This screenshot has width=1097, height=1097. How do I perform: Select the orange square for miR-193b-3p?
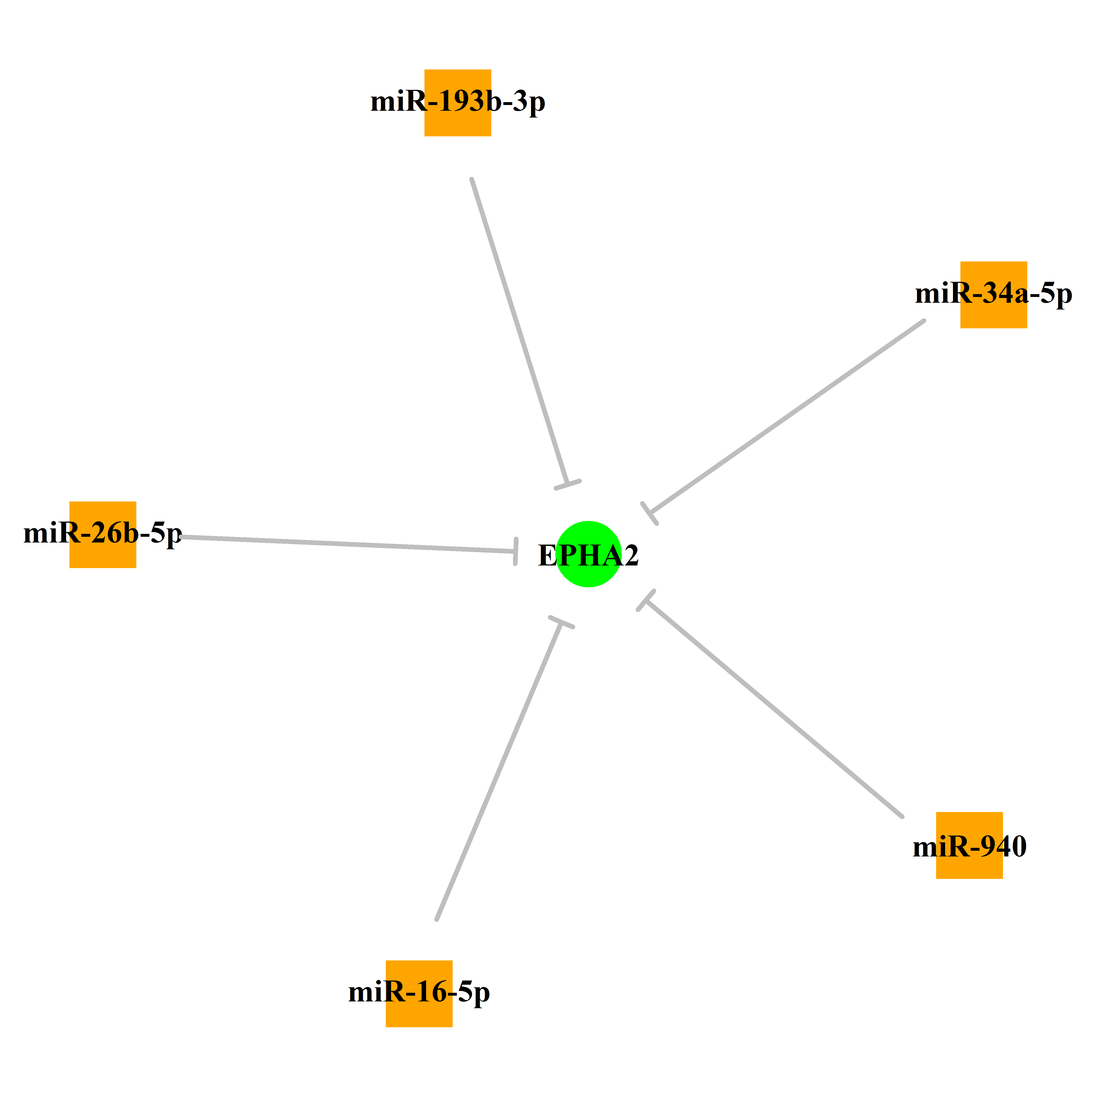458,103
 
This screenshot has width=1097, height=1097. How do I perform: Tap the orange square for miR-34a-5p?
994,295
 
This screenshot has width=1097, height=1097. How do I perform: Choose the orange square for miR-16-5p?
419,994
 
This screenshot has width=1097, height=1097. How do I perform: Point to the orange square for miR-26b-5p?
103,535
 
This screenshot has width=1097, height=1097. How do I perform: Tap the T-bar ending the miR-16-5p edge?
562,622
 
